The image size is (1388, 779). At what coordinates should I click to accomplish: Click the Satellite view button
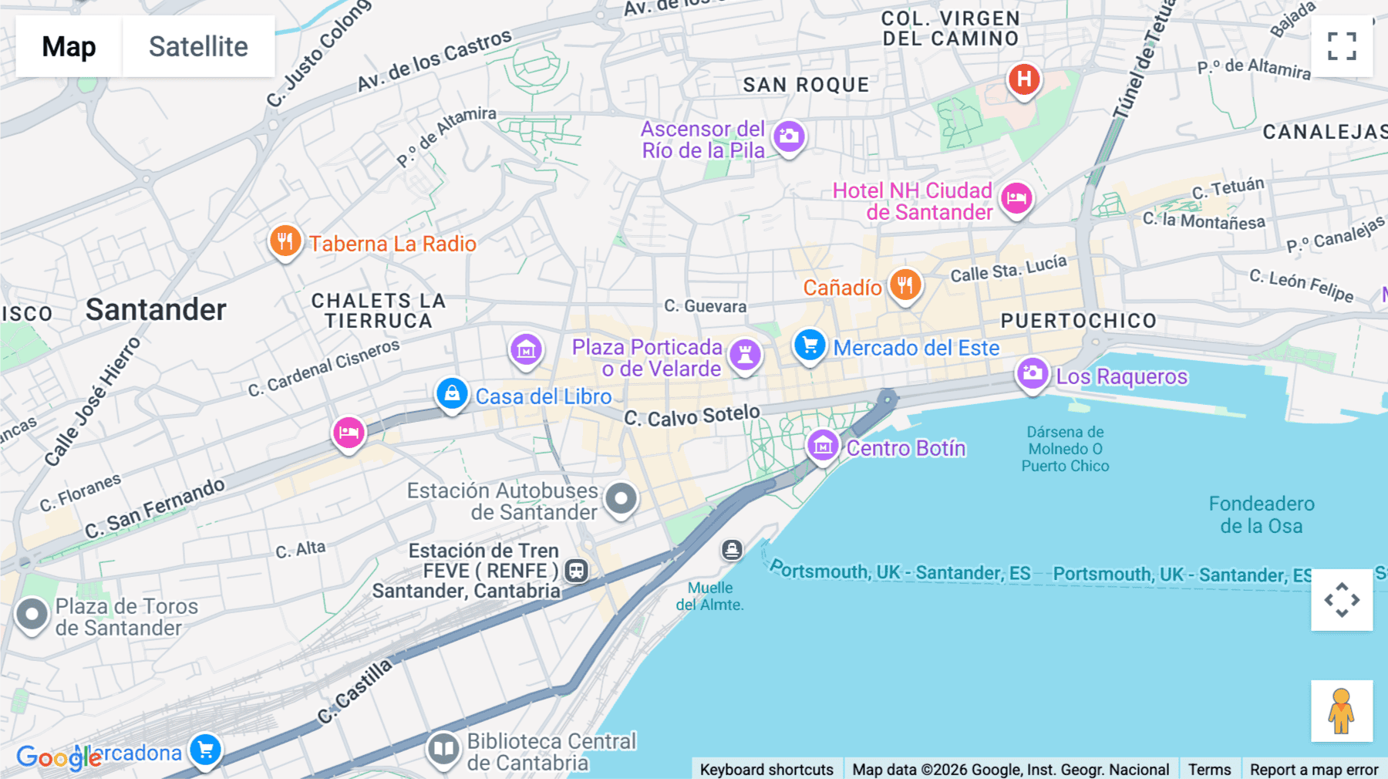(x=198, y=46)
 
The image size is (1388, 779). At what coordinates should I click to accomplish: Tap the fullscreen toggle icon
(x=1342, y=46)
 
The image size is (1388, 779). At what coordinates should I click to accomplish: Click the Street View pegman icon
(x=1342, y=710)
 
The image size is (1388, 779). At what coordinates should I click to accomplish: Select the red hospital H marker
(x=1024, y=79)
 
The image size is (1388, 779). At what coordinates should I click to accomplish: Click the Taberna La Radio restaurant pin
(x=285, y=241)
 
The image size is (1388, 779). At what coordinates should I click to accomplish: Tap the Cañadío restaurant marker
(x=905, y=285)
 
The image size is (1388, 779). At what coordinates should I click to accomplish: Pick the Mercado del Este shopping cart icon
(x=810, y=346)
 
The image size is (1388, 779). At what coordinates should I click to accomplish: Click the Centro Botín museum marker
(x=823, y=446)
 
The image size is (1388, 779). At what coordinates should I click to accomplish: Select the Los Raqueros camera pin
(x=1033, y=374)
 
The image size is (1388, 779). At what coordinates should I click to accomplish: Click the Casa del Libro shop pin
(x=452, y=394)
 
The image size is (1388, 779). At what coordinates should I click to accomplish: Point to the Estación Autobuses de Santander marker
(x=621, y=499)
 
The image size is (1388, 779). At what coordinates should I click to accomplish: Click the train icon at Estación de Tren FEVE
(x=576, y=571)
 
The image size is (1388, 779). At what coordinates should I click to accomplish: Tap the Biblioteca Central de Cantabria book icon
(x=443, y=748)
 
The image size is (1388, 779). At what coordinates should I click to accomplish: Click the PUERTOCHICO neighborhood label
(x=1078, y=321)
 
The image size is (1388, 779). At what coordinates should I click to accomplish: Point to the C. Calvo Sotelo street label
(x=692, y=416)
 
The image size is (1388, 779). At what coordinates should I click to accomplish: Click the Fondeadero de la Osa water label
(x=1262, y=515)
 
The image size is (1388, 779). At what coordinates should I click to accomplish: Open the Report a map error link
(x=1313, y=769)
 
